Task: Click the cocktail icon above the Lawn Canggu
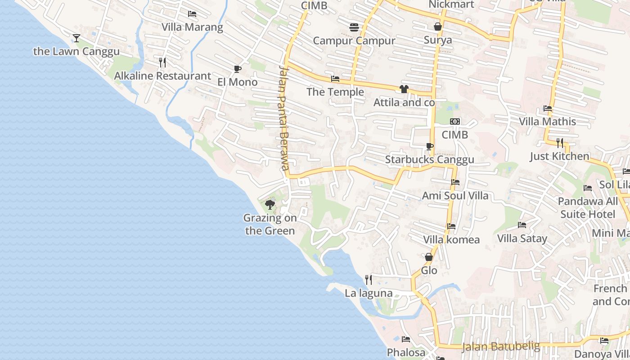click(x=76, y=38)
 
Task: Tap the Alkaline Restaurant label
click(x=162, y=76)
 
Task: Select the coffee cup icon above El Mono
click(x=237, y=69)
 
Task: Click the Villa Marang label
click(x=192, y=27)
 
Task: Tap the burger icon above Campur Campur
click(x=354, y=27)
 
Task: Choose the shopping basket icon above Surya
click(x=437, y=27)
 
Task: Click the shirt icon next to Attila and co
click(x=404, y=89)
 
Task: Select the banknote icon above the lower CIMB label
click(x=455, y=121)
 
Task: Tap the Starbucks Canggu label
click(x=429, y=160)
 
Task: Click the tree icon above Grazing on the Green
click(x=270, y=205)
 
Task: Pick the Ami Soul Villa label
click(x=455, y=196)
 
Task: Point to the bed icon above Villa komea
click(x=451, y=226)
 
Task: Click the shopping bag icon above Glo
click(x=429, y=257)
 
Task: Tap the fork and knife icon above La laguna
click(x=369, y=280)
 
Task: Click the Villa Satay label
click(x=522, y=238)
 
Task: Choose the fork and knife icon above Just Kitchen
click(x=559, y=143)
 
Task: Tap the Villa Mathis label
click(x=547, y=121)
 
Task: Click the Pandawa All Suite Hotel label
click(x=588, y=207)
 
